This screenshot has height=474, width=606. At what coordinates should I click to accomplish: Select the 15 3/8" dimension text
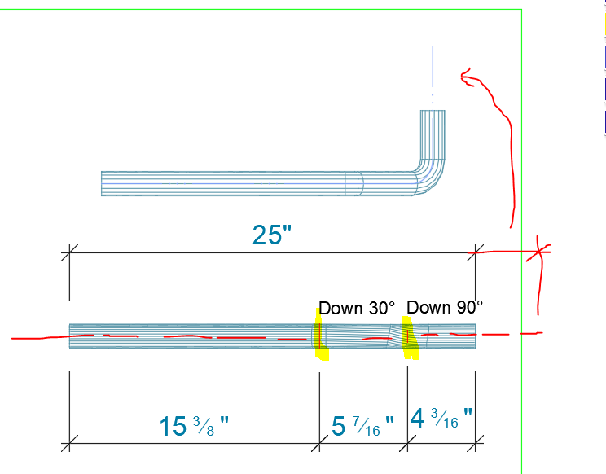coord(193,425)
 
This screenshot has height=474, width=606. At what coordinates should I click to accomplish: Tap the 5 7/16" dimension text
coord(363,425)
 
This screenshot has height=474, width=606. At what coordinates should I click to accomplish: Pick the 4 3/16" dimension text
coord(441,420)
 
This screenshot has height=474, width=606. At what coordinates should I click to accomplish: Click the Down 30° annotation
coord(356,308)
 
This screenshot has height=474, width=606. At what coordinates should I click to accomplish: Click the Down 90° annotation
coord(444,307)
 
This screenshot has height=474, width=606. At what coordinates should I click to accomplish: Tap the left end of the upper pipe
coord(102,183)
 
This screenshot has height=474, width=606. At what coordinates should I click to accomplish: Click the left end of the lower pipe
coord(70,336)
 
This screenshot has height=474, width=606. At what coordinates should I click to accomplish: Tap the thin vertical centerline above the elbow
coord(433,69)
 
